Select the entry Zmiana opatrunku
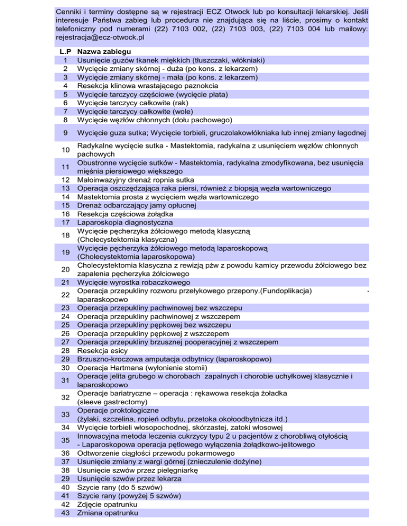(x=108, y=513)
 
